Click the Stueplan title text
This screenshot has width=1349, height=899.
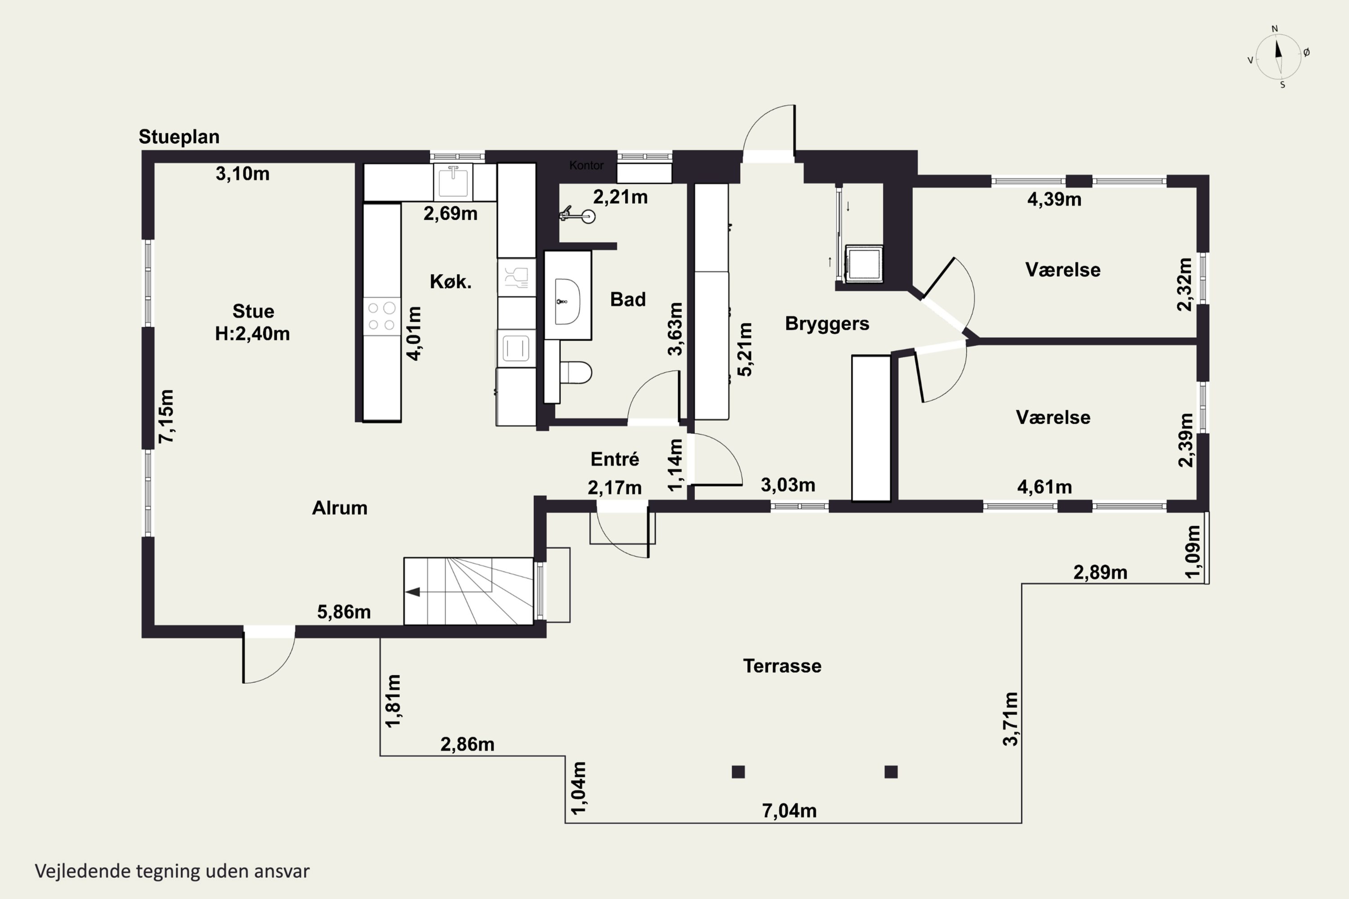179,137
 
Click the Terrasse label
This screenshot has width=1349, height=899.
782,666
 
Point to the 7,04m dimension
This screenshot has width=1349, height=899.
789,811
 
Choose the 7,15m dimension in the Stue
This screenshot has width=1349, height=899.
166,416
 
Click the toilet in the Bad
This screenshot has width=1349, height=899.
575,372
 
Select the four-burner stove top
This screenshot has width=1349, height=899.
381,316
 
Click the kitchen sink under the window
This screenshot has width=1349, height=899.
453,181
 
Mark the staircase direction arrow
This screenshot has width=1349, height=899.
413,592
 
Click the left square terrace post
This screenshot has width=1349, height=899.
738,772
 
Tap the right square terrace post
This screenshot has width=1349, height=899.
891,772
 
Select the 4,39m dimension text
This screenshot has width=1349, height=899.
1054,200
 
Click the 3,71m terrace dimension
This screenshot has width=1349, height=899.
1010,719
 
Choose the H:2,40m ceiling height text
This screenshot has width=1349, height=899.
252,334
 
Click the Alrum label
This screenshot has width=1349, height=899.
339,508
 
